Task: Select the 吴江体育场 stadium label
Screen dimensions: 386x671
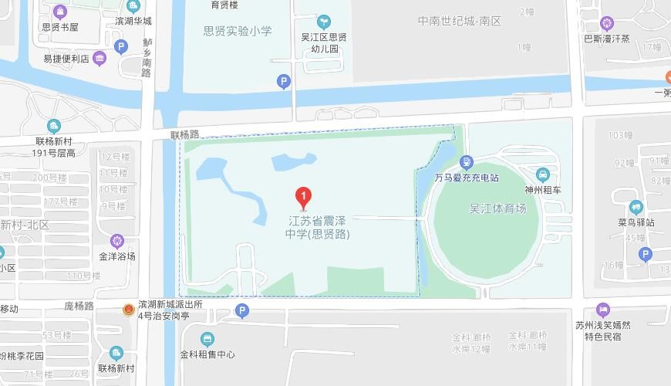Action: click(497, 208)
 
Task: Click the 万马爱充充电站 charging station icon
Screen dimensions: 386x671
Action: click(466, 162)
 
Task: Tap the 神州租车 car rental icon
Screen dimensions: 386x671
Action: click(543, 174)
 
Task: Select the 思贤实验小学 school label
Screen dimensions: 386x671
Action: click(238, 32)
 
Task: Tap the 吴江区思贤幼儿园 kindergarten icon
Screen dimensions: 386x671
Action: click(324, 21)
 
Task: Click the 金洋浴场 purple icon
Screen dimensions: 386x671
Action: click(117, 241)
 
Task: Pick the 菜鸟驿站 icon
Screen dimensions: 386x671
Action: click(636, 207)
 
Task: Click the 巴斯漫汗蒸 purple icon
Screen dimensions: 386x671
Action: click(607, 23)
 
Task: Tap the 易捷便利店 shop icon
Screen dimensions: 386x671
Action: click(99, 58)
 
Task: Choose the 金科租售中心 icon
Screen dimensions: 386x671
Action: click(207, 339)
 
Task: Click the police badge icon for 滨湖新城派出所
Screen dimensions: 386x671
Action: click(129, 310)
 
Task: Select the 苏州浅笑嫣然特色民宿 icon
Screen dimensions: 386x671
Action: click(603, 310)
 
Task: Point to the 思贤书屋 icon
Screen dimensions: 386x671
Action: click(60, 12)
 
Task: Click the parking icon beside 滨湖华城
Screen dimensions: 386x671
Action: click(120, 47)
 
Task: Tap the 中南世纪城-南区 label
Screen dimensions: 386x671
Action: click(460, 21)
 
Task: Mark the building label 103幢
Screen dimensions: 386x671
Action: click(620, 135)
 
